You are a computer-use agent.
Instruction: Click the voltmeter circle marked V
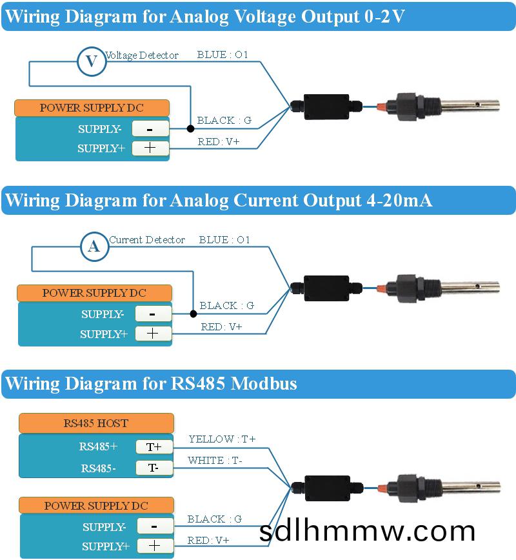(92, 61)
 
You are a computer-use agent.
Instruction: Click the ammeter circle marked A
(94, 246)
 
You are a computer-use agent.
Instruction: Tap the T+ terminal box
(154, 446)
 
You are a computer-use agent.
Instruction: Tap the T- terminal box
(154, 468)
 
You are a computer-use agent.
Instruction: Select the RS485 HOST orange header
(95, 424)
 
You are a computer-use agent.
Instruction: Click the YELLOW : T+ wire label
(222, 439)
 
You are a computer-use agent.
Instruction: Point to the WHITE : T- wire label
(215, 461)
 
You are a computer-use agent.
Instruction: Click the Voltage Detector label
(141, 55)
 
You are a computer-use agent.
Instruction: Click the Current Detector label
(146, 240)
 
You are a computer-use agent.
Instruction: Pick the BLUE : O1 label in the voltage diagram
(223, 55)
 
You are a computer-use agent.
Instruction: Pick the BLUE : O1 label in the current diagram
(224, 240)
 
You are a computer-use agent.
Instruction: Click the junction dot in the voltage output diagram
(190, 129)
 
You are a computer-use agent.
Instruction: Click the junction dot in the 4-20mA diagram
(193, 314)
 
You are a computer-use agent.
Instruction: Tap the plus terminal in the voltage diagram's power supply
(150, 148)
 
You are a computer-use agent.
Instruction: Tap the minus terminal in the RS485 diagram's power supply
(155, 526)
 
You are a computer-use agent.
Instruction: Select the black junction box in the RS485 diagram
(326, 488)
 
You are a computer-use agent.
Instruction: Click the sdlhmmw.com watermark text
(367, 530)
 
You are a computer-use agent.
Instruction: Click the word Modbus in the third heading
(264, 383)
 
